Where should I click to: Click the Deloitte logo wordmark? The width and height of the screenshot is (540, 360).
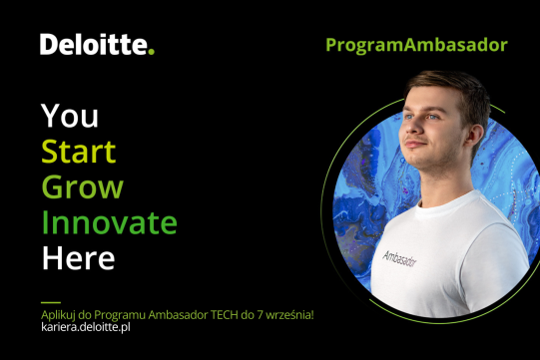tap(93, 45)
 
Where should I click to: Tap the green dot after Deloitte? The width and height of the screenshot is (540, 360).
tap(152, 52)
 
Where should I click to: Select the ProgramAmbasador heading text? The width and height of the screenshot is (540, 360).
tap(416, 45)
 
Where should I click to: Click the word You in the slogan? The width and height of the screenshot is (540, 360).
tap(70, 117)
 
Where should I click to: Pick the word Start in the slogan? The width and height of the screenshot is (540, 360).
tap(78, 153)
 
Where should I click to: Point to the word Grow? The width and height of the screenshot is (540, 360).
tap(82, 187)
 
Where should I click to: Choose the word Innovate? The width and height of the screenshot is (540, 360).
tap(109, 222)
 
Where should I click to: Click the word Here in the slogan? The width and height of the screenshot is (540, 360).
tap(78, 258)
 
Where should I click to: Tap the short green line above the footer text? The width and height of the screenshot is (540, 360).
tap(50, 301)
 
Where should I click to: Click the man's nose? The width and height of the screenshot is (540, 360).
tap(406, 146)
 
